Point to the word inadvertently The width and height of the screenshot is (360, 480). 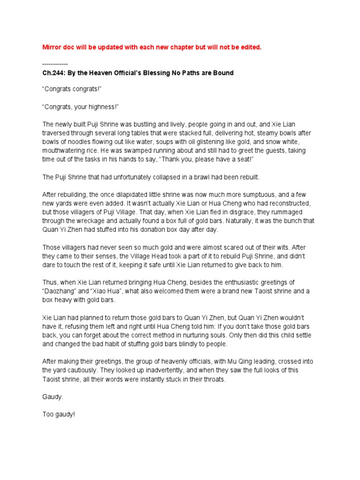pos(159,370)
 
